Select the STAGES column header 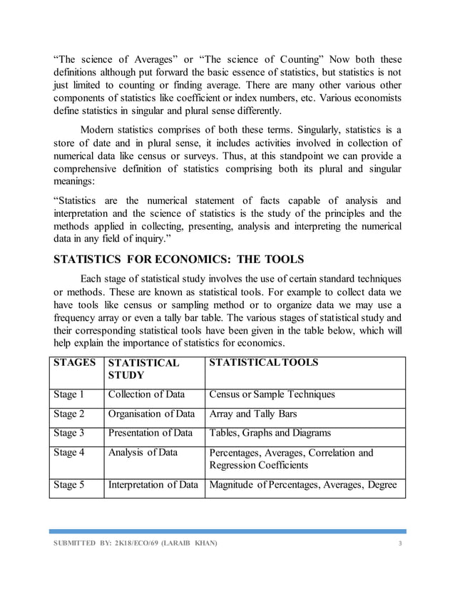(x=76, y=363)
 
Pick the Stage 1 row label (x=69, y=394)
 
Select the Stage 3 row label (x=69, y=433)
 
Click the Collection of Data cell (x=146, y=394)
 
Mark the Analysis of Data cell (x=141, y=452)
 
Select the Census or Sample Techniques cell (x=272, y=394)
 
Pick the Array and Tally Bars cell (x=253, y=414)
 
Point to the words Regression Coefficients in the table (x=258, y=466)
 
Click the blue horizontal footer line (x=227, y=531)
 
